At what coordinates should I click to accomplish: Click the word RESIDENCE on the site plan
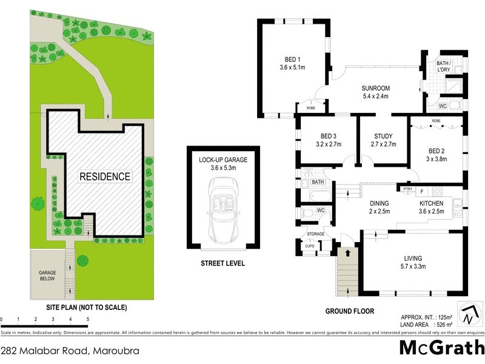[105, 177]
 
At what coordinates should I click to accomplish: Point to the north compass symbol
[467, 315]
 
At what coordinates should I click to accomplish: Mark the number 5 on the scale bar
[88, 318]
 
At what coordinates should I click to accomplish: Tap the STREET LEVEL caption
[224, 263]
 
